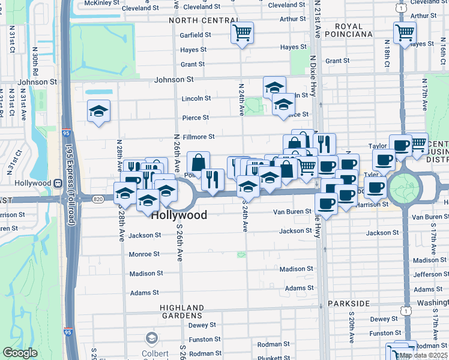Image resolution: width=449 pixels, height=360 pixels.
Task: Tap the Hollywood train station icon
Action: [x=58, y=183]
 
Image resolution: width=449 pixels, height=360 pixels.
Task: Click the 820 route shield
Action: [x=97, y=199]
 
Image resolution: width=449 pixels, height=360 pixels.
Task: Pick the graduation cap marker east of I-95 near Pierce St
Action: [x=98, y=111]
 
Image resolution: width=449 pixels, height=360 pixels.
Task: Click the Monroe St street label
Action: [x=144, y=254]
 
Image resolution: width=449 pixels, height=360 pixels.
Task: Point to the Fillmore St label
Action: [x=199, y=137]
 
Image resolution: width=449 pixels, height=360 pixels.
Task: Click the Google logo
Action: [x=20, y=353]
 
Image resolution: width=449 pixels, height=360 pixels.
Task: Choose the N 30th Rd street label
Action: [x=36, y=63]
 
